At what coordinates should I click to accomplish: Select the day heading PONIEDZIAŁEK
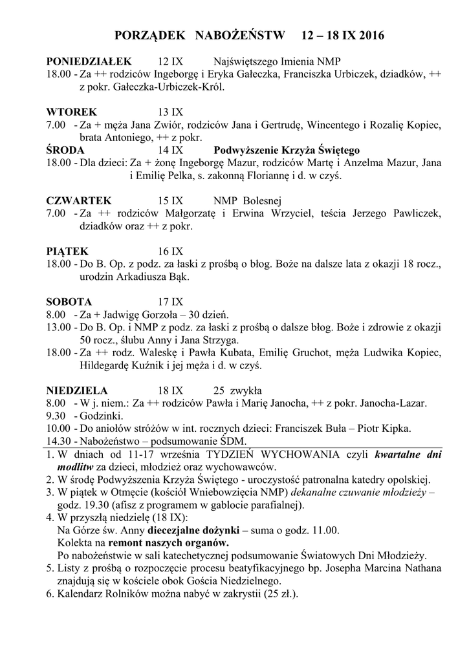(x=89, y=61)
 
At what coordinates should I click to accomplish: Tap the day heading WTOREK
(x=72, y=111)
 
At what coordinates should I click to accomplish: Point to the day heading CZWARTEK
(x=79, y=200)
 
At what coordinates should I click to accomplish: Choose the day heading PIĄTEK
(x=67, y=250)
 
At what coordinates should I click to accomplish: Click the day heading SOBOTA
(x=69, y=301)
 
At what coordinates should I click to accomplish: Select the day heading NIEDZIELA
(x=77, y=390)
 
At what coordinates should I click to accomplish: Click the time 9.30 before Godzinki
(x=56, y=416)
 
